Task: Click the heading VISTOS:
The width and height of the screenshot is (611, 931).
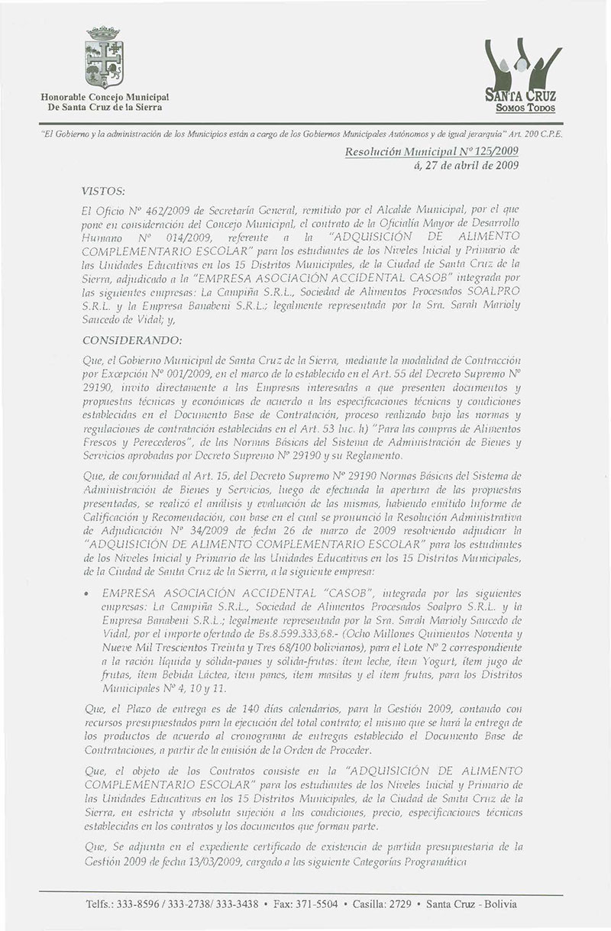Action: (x=102, y=187)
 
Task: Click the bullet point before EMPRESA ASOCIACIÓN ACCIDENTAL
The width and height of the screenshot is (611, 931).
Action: (x=92, y=593)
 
